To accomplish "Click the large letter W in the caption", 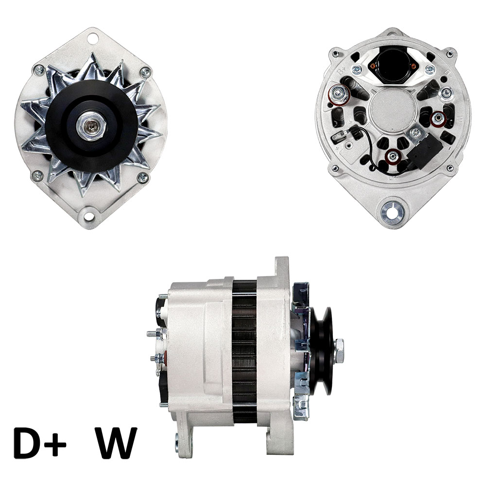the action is (117, 443).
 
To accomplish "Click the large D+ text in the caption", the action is (40, 443).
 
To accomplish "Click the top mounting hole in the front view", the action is (92, 38).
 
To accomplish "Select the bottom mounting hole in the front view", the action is (89, 215).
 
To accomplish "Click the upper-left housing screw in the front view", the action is (39, 70).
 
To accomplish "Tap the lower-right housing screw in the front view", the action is (142, 177).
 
